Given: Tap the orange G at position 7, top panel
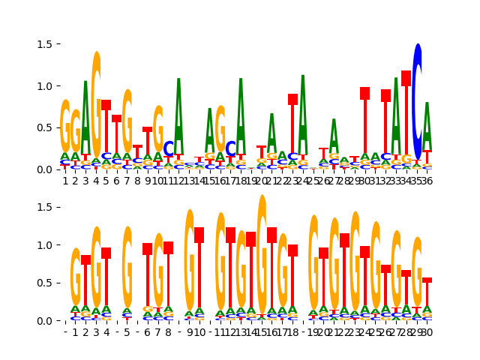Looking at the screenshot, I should click(127, 127).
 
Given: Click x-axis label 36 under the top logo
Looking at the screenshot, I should click(427, 181).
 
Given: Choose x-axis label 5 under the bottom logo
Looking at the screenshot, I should click(127, 332).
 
